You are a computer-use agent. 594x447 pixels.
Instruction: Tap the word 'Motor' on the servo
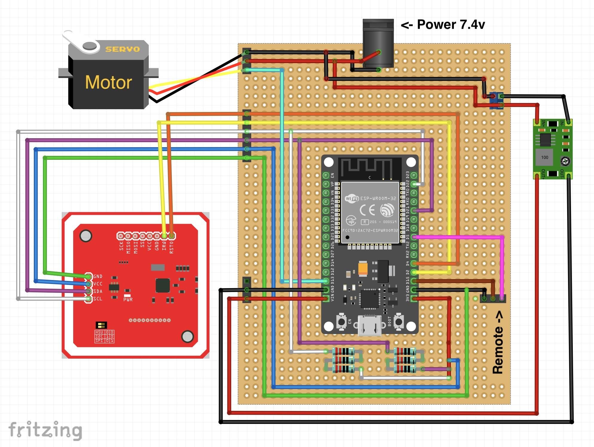(108, 82)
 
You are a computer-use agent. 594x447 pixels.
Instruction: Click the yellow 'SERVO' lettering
(123, 49)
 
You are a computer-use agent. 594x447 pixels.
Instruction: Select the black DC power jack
(378, 43)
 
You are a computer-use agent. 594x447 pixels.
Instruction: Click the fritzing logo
(45, 430)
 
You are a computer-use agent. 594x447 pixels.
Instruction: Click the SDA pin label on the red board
(98, 291)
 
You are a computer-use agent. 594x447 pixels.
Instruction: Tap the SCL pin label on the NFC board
(98, 299)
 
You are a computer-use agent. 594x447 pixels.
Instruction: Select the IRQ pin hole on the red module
(164, 236)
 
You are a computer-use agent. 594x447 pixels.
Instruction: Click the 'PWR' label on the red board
(128, 299)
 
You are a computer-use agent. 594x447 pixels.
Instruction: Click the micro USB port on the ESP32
(370, 325)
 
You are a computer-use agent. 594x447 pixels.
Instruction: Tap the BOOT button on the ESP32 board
(399, 322)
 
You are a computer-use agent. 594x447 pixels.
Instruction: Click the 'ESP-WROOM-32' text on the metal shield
(378, 198)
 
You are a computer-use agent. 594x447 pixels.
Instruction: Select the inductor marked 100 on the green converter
(544, 157)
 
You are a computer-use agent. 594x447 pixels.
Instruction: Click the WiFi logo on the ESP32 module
(352, 198)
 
